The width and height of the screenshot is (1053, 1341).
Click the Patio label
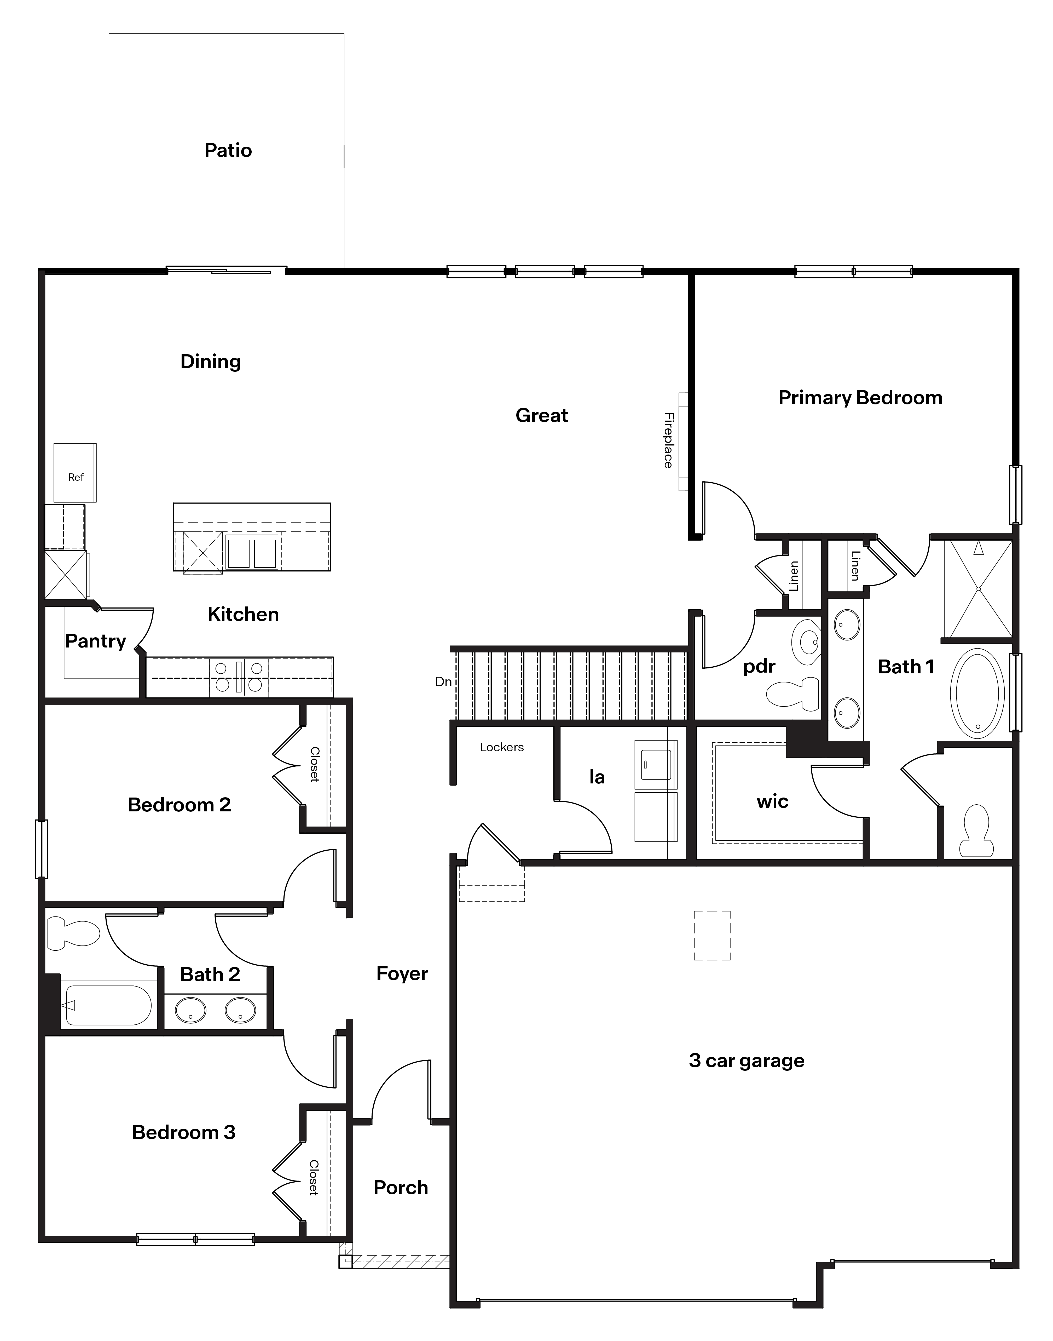pos(228,151)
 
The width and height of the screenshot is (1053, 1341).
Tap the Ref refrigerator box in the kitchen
pos(75,473)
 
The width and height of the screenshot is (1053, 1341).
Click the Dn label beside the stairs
pos(443,681)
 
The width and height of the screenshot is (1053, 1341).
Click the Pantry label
pos(96,641)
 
